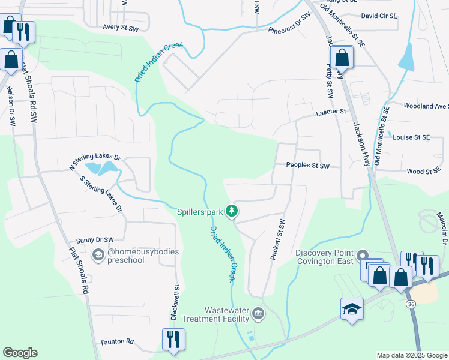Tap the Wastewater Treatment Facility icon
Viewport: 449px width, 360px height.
click(258, 313)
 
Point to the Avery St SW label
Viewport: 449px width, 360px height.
click(121, 28)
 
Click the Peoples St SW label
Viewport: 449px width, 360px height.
click(308, 165)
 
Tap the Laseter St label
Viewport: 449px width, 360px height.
click(331, 112)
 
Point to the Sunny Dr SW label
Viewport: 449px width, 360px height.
click(95, 239)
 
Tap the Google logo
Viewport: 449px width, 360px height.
click(20, 353)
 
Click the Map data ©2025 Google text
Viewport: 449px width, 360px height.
click(412, 355)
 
